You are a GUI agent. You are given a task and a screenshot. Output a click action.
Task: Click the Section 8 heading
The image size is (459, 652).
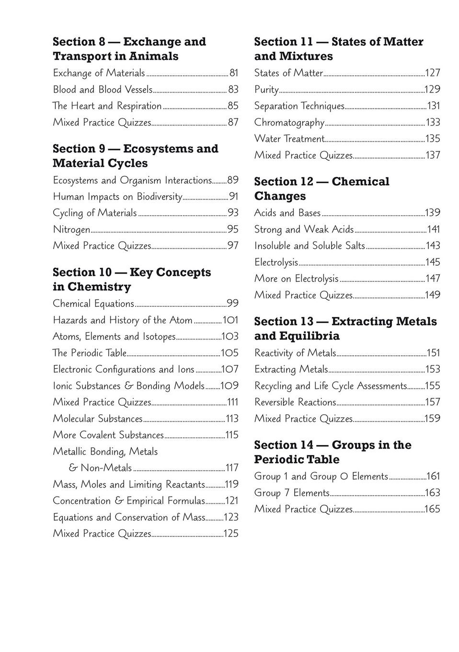tap(129, 49)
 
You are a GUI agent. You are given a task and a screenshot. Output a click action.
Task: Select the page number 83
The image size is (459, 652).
tap(233, 90)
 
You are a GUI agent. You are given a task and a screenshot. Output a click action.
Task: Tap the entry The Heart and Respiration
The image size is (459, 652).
tap(107, 106)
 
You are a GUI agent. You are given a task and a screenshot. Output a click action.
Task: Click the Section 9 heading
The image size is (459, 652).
tap(135, 156)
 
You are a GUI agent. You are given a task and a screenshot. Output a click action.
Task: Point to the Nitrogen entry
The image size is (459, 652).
tap(71, 230)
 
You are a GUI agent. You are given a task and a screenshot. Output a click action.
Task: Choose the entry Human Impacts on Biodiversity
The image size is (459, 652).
tap(117, 197)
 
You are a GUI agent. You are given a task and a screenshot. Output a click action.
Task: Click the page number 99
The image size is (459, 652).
tap(232, 303)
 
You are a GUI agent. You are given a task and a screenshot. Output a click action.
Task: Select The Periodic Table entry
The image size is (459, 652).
tap(89, 353)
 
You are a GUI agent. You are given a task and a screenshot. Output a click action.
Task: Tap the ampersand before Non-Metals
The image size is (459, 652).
tap(73, 468)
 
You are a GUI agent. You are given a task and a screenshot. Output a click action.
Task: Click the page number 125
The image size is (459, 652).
tap(231, 534)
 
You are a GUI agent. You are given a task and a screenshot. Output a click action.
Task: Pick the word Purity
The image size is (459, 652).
tap(266, 90)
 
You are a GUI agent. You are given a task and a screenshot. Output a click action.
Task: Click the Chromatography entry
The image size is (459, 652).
tap(289, 123)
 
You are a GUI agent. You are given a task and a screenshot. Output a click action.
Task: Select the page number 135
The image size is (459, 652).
tap(433, 139)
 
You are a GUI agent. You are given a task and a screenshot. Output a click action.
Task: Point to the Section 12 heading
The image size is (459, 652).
tap(321, 189)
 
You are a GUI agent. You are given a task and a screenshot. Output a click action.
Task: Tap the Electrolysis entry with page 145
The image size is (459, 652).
tap(276, 262)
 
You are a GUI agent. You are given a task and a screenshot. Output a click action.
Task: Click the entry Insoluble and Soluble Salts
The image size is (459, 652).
tap(310, 246)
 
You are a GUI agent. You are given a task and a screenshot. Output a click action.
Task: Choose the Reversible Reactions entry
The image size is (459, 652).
tap(295, 402)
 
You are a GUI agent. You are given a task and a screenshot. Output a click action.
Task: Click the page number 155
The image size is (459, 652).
tap(432, 386)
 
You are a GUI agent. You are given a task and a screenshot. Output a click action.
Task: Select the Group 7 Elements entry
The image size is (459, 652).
tap(292, 493)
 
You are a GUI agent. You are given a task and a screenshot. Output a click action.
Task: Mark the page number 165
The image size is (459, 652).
tap(432, 509)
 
